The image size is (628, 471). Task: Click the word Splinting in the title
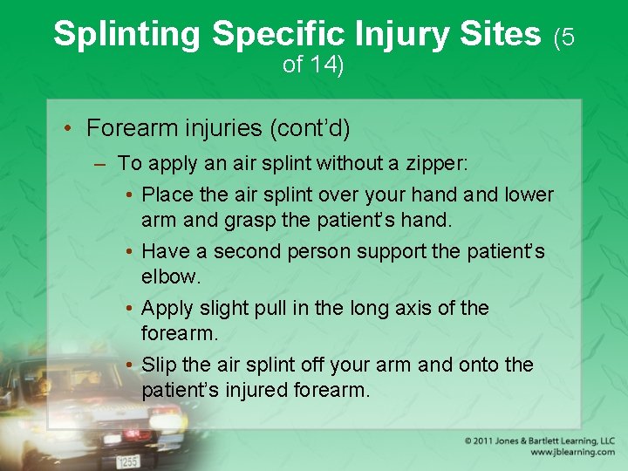(x=127, y=34)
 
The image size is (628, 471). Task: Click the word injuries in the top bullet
(x=222, y=128)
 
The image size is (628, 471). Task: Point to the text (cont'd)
(x=311, y=128)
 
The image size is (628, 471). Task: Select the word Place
(x=168, y=194)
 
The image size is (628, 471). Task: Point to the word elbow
(x=170, y=276)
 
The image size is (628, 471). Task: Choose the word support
(x=392, y=251)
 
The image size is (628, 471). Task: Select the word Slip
(x=158, y=365)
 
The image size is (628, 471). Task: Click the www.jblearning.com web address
(x=572, y=452)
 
